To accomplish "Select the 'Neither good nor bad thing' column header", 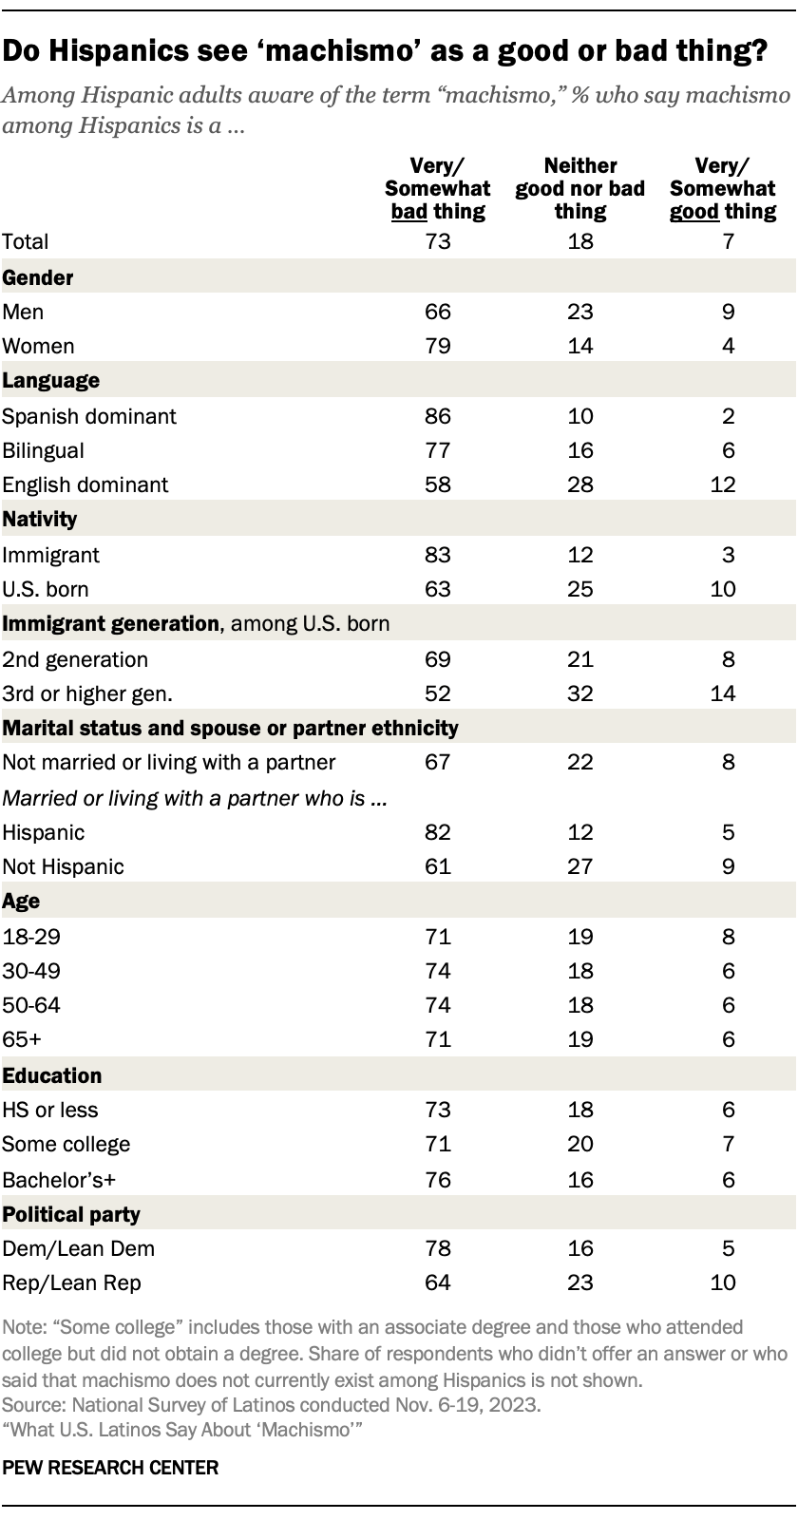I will (579, 188).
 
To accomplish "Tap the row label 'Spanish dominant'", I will (89, 416).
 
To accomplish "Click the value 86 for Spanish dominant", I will (438, 416).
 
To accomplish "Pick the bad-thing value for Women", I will (438, 346).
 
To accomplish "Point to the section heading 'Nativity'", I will (40, 520).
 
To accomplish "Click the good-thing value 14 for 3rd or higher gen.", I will (723, 693).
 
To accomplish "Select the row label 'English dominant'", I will (85, 484).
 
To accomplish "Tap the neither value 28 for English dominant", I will (579, 484).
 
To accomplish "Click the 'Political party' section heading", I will (71, 1214).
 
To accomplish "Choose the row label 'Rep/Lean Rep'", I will (71, 1282).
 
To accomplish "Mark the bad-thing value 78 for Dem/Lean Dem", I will (438, 1248).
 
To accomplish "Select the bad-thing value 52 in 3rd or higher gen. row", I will (438, 693).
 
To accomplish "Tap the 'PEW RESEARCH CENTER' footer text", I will (111, 1468).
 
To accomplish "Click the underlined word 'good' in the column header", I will (693, 211).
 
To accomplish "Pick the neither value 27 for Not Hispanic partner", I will (579, 866).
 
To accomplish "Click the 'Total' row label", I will (26, 242).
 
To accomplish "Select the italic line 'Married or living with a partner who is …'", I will (195, 798).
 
